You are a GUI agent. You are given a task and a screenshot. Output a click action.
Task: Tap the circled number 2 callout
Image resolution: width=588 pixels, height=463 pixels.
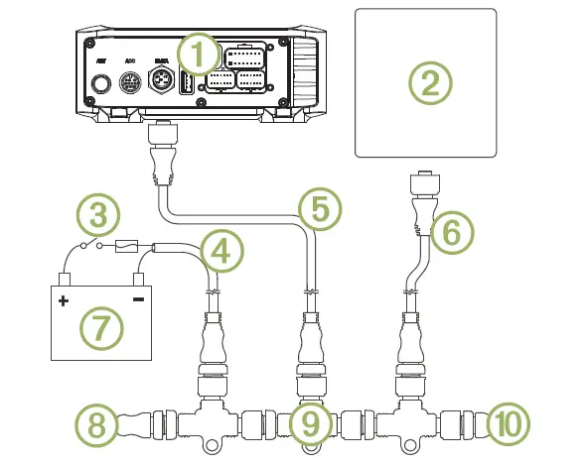coord(429,82)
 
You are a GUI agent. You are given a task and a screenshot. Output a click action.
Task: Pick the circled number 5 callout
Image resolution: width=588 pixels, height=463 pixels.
coord(319,208)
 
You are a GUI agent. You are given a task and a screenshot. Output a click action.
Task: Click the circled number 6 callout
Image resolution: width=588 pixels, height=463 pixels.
coord(452,234)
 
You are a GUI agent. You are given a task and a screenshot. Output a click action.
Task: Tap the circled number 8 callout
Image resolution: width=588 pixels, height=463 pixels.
coord(96,426)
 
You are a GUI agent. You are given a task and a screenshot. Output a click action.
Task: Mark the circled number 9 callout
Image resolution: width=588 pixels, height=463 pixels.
coord(310,425)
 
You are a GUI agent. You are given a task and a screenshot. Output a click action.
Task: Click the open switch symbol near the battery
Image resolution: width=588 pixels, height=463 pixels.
coord(92,244)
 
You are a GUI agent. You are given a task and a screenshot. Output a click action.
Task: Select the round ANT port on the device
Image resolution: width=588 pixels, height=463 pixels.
coord(100,83)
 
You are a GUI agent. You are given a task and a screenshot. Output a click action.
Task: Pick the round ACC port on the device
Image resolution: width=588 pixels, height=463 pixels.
coord(130,83)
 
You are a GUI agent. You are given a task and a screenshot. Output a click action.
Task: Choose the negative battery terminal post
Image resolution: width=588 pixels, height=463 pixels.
coord(138,281)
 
